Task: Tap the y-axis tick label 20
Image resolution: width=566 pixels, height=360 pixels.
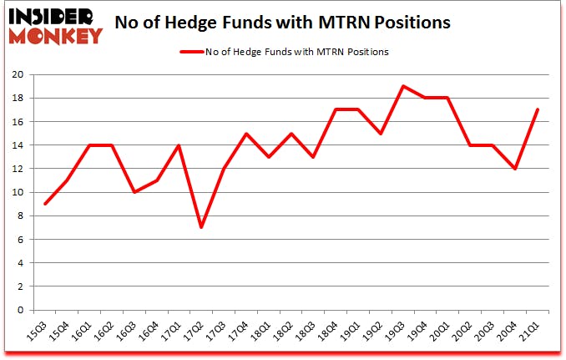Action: click(17, 74)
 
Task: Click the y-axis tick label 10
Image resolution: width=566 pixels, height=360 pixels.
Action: click(17, 192)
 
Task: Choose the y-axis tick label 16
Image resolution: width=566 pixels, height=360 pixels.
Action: click(17, 121)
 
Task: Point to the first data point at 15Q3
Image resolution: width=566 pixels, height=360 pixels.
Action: click(45, 204)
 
